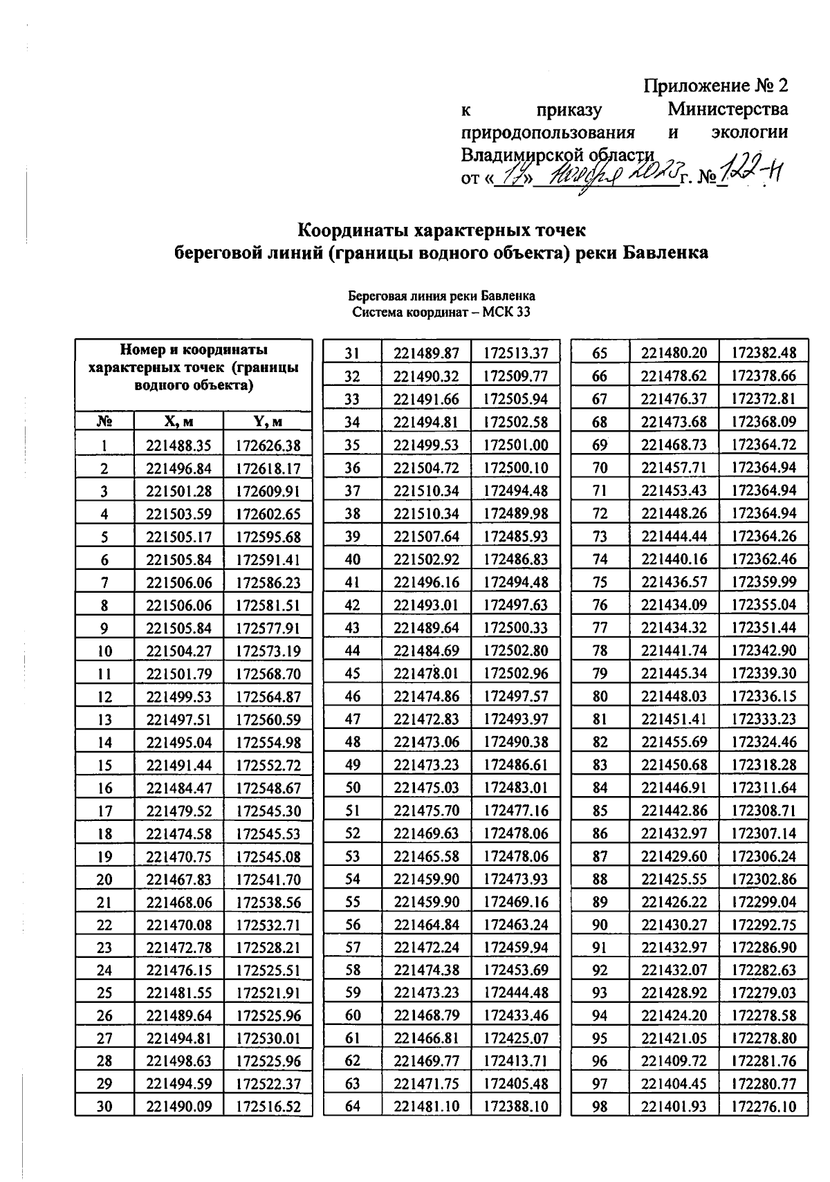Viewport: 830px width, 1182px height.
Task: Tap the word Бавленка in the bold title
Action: coord(665,252)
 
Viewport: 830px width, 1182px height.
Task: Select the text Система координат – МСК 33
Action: coord(441,312)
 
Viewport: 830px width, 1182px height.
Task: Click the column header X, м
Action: coord(178,421)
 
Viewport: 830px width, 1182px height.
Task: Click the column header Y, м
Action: coord(268,421)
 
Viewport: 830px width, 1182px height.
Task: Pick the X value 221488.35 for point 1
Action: coord(178,445)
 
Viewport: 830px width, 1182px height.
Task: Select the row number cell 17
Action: coord(104,811)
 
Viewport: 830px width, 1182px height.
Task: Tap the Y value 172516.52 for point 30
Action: coord(268,1107)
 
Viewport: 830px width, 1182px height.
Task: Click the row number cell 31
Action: coord(353,353)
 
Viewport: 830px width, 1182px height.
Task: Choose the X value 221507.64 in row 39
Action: coord(426,536)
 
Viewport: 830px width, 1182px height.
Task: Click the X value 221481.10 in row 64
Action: coord(426,1107)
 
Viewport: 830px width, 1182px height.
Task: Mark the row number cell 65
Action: coord(600,353)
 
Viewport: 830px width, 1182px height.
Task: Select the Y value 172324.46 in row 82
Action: coord(764,741)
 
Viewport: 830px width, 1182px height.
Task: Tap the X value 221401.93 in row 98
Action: coord(674,1107)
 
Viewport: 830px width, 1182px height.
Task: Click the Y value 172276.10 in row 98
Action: coord(764,1107)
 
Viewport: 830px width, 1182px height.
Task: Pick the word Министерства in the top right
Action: coord(728,109)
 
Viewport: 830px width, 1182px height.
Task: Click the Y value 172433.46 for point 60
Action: coord(515,1015)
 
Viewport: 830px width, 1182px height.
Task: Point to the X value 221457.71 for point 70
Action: coord(674,468)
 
